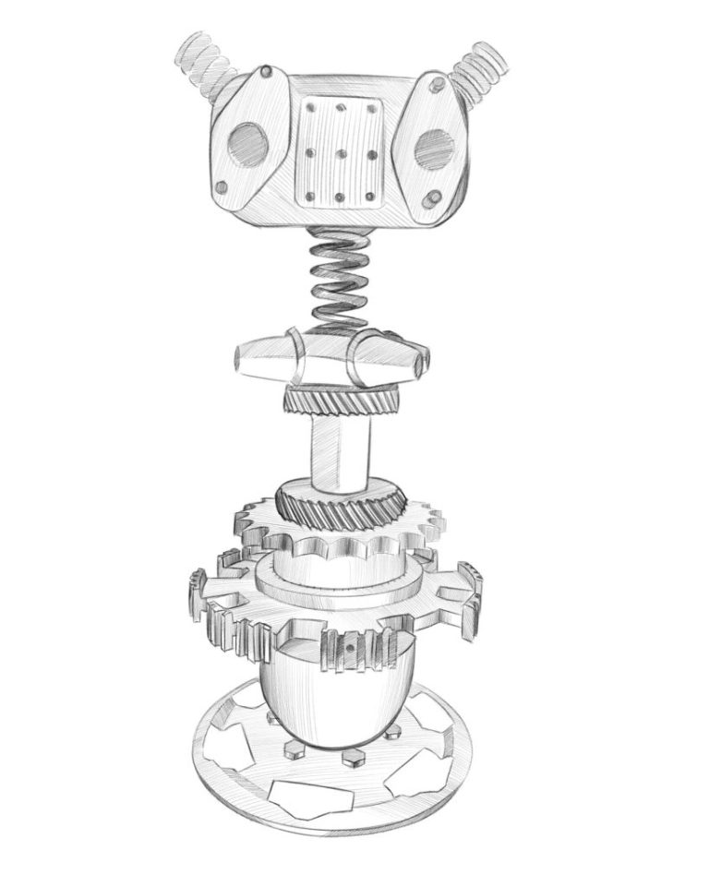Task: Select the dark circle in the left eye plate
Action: (x=246, y=144)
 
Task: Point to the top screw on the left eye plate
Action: (x=266, y=71)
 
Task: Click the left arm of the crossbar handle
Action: (x=269, y=356)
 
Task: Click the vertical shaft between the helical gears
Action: (x=341, y=452)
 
